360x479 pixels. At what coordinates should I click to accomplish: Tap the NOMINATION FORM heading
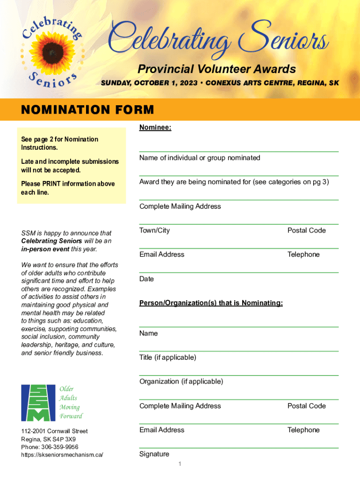tap(87, 110)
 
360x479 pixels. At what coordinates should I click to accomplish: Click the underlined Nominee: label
tap(155, 128)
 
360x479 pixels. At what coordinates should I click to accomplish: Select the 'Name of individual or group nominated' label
tap(200, 158)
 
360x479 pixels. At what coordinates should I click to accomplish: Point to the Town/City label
tap(155, 230)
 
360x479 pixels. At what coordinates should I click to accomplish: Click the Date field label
tap(146, 279)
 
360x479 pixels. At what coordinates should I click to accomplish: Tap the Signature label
tap(154, 454)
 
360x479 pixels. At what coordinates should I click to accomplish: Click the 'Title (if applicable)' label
tap(168, 357)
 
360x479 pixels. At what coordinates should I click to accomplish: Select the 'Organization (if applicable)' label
tap(181, 381)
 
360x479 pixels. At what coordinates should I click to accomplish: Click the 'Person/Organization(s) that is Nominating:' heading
tap(211, 303)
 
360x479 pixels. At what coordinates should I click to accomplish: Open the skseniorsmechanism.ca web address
tap(62, 455)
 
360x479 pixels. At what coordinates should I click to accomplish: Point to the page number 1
tap(180, 464)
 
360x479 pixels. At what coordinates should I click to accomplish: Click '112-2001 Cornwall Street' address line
tap(54, 431)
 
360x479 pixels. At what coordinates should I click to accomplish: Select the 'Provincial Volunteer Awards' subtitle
tap(216, 69)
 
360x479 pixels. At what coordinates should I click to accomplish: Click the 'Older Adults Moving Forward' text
tap(71, 402)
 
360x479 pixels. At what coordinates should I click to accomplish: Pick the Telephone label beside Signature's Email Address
tap(303, 430)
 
